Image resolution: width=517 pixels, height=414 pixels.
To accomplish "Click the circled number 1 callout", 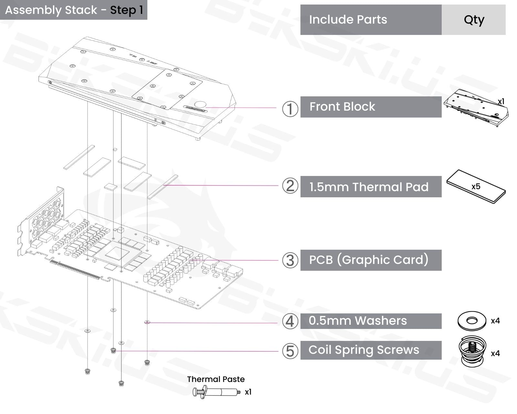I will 290,109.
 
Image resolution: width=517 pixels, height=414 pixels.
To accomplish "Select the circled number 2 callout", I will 290,186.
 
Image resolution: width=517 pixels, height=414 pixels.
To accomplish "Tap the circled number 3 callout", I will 290,260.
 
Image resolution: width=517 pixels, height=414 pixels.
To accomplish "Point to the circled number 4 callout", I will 290,321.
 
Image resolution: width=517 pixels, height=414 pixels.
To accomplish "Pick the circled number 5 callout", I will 290,351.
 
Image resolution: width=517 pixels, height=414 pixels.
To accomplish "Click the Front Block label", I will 342,107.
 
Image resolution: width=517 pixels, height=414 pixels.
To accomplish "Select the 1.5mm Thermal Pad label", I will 369,187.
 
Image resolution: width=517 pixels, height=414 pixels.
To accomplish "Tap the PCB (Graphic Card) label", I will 369,260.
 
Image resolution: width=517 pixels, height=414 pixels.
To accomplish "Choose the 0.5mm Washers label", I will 358,321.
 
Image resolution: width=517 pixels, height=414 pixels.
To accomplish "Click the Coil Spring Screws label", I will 364,350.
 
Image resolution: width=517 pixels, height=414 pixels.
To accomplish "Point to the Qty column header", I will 474,20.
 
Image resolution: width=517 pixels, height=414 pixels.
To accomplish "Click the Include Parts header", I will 348,20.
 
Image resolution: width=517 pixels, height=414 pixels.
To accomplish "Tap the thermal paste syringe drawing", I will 216,392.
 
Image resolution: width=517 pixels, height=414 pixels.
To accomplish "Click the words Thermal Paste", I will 216,379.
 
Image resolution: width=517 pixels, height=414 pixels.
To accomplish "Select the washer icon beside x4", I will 472,321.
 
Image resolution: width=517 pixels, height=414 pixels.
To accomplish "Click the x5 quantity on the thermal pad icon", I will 476,187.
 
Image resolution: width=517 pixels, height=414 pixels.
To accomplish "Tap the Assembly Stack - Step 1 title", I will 74,10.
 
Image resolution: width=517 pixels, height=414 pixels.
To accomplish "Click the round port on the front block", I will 200,104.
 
